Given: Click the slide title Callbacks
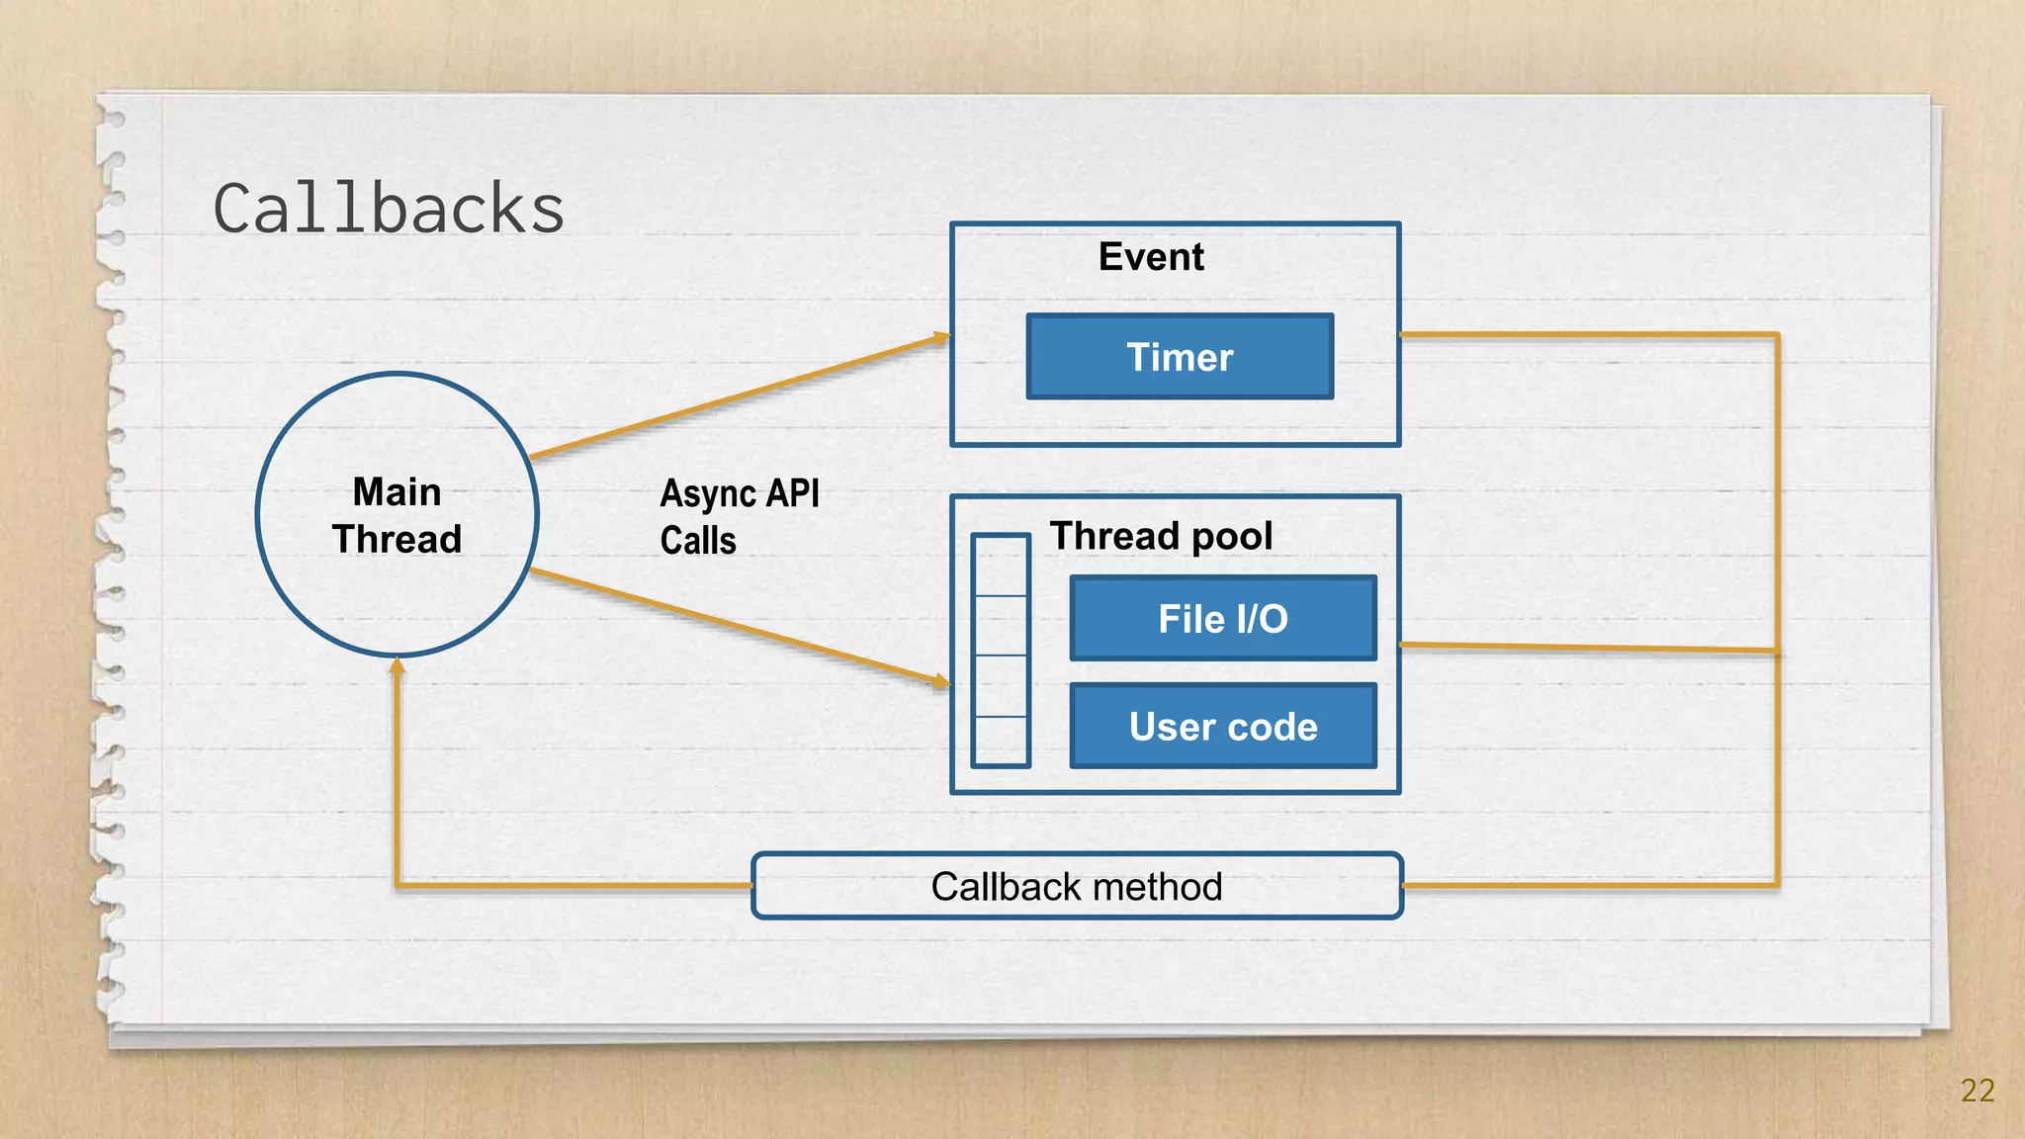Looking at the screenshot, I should [389, 210].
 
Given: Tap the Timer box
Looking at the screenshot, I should [1180, 357].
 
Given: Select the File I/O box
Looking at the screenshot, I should [1223, 619].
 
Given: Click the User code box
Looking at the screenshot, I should [1223, 727].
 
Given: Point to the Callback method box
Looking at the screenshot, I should [1077, 886].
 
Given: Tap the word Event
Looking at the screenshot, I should [1151, 257].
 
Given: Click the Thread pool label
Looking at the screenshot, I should [1161, 536].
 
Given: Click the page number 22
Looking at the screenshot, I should [1977, 1091].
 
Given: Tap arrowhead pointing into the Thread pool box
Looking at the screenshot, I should [941, 681].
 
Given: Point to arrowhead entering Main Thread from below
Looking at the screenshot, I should [396, 666].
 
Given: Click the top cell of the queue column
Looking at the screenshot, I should [1001, 567].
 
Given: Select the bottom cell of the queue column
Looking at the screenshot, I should [1001, 740].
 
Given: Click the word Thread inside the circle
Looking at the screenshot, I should [396, 540].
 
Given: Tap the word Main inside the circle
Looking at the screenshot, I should [396, 491].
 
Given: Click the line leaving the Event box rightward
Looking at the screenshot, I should [1582, 335].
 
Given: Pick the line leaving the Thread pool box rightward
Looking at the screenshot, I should [1582, 648].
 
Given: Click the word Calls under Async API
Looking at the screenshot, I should [698, 541].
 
